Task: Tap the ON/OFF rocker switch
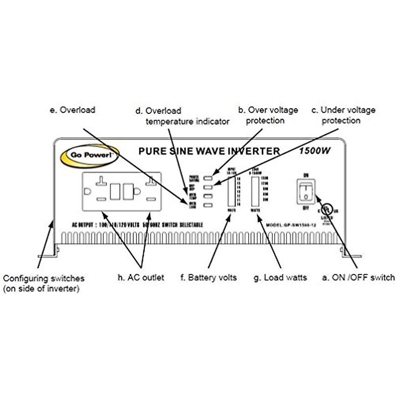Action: [x=306, y=191]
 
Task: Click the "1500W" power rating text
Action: [x=315, y=151]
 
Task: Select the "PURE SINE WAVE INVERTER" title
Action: [x=209, y=151]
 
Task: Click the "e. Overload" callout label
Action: [x=72, y=110]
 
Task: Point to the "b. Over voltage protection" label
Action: [x=268, y=115]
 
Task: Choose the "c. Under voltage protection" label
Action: [x=343, y=115]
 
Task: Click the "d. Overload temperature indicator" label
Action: [x=183, y=116]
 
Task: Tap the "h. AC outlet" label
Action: [x=141, y=277]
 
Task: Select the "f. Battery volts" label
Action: [x=209, y=277]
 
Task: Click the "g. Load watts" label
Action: [x=280, y=277]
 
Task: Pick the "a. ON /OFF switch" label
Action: [x=358, y=277]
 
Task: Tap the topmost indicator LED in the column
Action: [x=208, y=178]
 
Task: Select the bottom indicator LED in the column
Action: [x=208, y=206]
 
